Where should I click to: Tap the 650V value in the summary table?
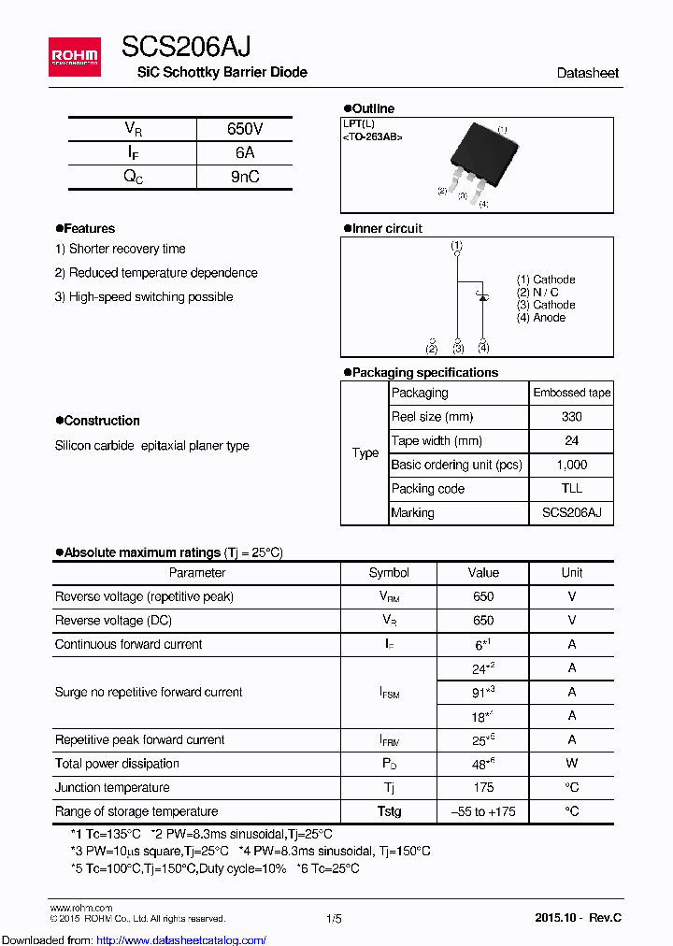pos(244,129)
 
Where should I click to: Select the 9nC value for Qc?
pos(244,177)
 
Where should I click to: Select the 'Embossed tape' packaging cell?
pos(571,393)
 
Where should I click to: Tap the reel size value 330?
pos(571,417)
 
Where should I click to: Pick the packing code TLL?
pos(571,489)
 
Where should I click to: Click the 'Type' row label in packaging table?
pos(365,453)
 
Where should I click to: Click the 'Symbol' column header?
pos(389,573)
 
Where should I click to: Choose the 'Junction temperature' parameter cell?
pos(112,788)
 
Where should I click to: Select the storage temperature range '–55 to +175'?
pos(482,811)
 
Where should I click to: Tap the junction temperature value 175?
pos(482,788)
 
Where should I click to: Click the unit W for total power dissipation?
pos(571,764)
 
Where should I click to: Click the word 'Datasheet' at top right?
pos(587,73)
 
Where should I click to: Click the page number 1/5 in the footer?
pos(334,919)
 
